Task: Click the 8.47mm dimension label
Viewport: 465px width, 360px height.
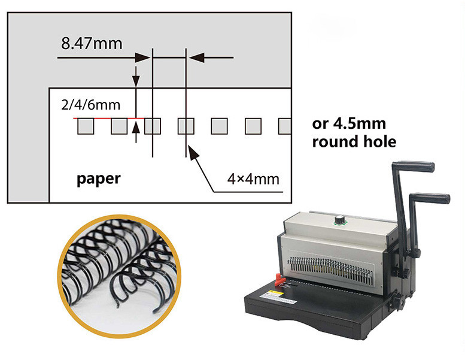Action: pos(92,43)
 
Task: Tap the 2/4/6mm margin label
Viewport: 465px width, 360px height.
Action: pos(91,105)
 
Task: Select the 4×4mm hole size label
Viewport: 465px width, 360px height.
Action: pos(253,179)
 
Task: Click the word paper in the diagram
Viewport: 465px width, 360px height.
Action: pos(99,179)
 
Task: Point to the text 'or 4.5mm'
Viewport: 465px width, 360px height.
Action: pos(349,123)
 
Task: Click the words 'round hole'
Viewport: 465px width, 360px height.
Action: pos(354,141)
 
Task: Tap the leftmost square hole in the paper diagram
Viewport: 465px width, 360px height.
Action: pos(86,126)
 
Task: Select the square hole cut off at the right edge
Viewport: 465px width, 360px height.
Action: pos(285,126)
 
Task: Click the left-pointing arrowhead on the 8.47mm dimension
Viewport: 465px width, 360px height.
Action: pos(196,58)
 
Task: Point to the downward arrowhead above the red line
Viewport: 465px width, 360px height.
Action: pos(136,81)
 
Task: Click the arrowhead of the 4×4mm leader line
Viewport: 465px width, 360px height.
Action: pos(193,152)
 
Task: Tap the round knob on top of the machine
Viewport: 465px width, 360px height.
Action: pos(340,220)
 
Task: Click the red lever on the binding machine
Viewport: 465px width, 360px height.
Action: pos(279,280)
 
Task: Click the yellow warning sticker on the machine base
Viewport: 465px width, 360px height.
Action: pos(272,294)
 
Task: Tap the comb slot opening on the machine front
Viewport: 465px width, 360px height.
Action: pos(330,268)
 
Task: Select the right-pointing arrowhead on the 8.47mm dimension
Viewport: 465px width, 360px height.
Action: pos(142,58)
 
